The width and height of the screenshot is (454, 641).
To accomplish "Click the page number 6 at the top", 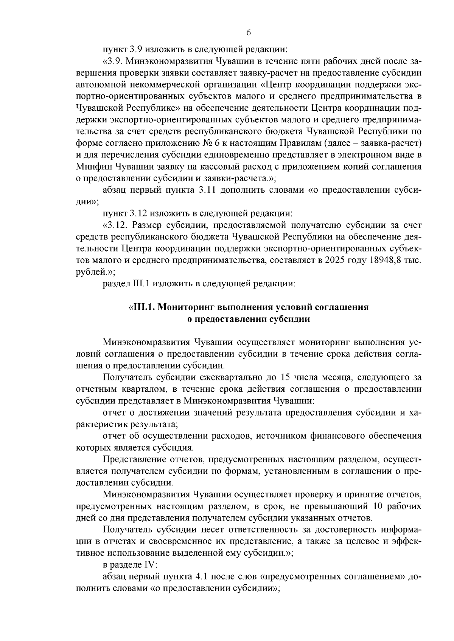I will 249,32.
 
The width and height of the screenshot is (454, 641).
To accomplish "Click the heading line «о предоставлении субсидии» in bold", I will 249,319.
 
